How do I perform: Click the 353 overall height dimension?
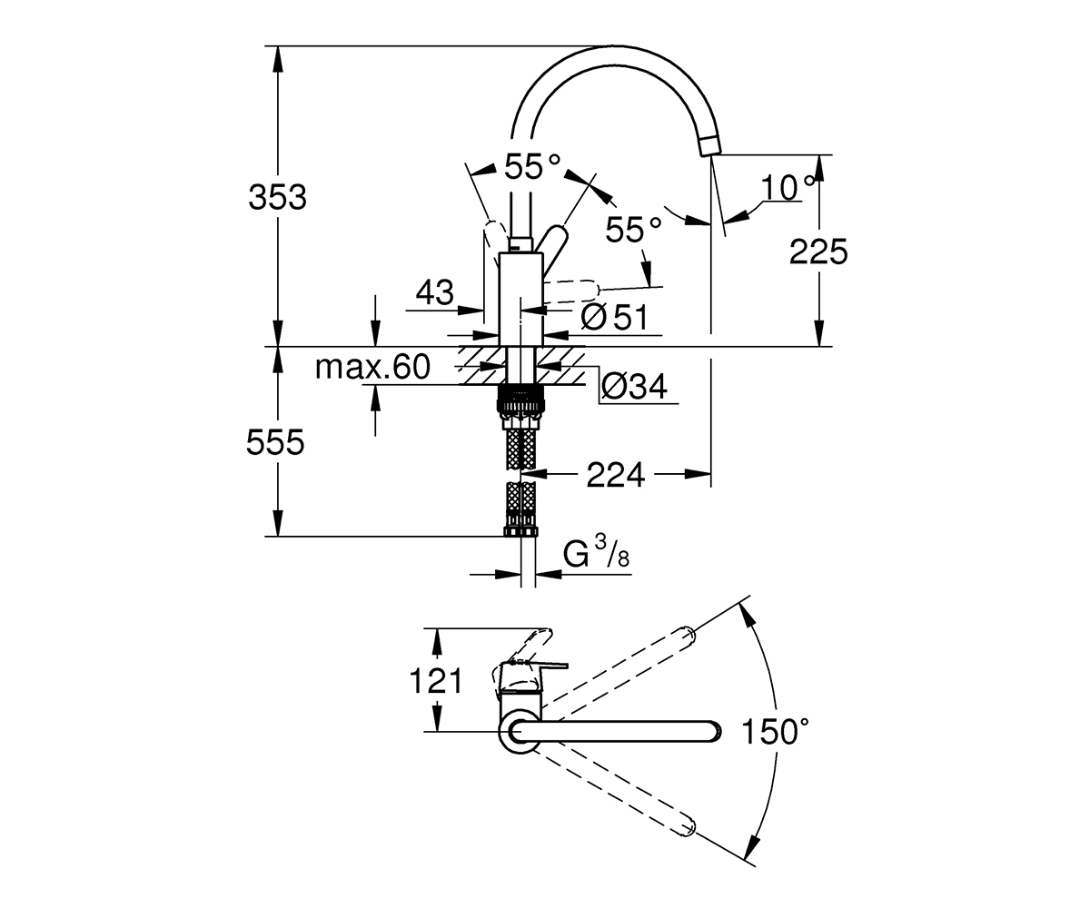coord(277,198)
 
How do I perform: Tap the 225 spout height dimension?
coord(818,252)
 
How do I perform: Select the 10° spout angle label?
coord(788,187)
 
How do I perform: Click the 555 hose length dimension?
coord(275,442)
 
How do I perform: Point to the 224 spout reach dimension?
coord(616,475)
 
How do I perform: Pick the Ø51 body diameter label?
coord(614,317)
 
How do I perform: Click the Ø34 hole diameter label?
coord(634,387)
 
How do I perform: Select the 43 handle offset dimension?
coord(435,292)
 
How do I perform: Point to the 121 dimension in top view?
coord(436,681)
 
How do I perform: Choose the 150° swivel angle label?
coord(775,731)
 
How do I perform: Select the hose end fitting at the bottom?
coord(521,532)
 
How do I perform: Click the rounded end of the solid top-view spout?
coord(714,732)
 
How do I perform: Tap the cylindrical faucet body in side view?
coord(521,299)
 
